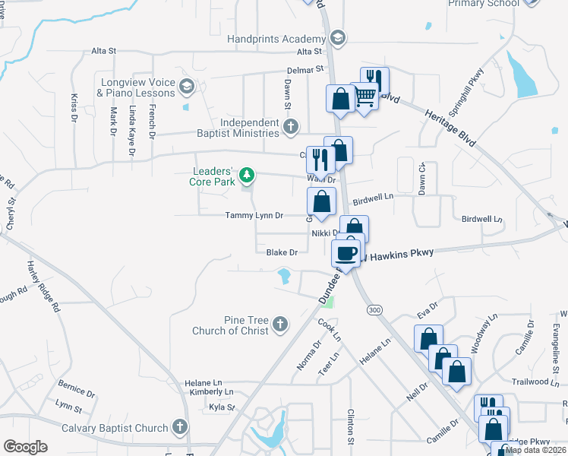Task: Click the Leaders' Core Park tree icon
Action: tap(246, 176)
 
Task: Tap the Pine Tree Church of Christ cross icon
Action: tap(280, 325)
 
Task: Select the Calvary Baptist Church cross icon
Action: tap(180, 428)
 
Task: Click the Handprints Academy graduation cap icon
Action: tap(338, 38)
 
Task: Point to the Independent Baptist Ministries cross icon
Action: tap(290, 128)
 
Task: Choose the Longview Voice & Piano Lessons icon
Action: tap(186, 87)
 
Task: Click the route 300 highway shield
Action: tap(374, 310)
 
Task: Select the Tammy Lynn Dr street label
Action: tap(254, 216)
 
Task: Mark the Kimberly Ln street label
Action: tap(212, 392)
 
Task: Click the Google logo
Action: tap(25, 447)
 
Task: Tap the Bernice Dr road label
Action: tap(75, 394)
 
